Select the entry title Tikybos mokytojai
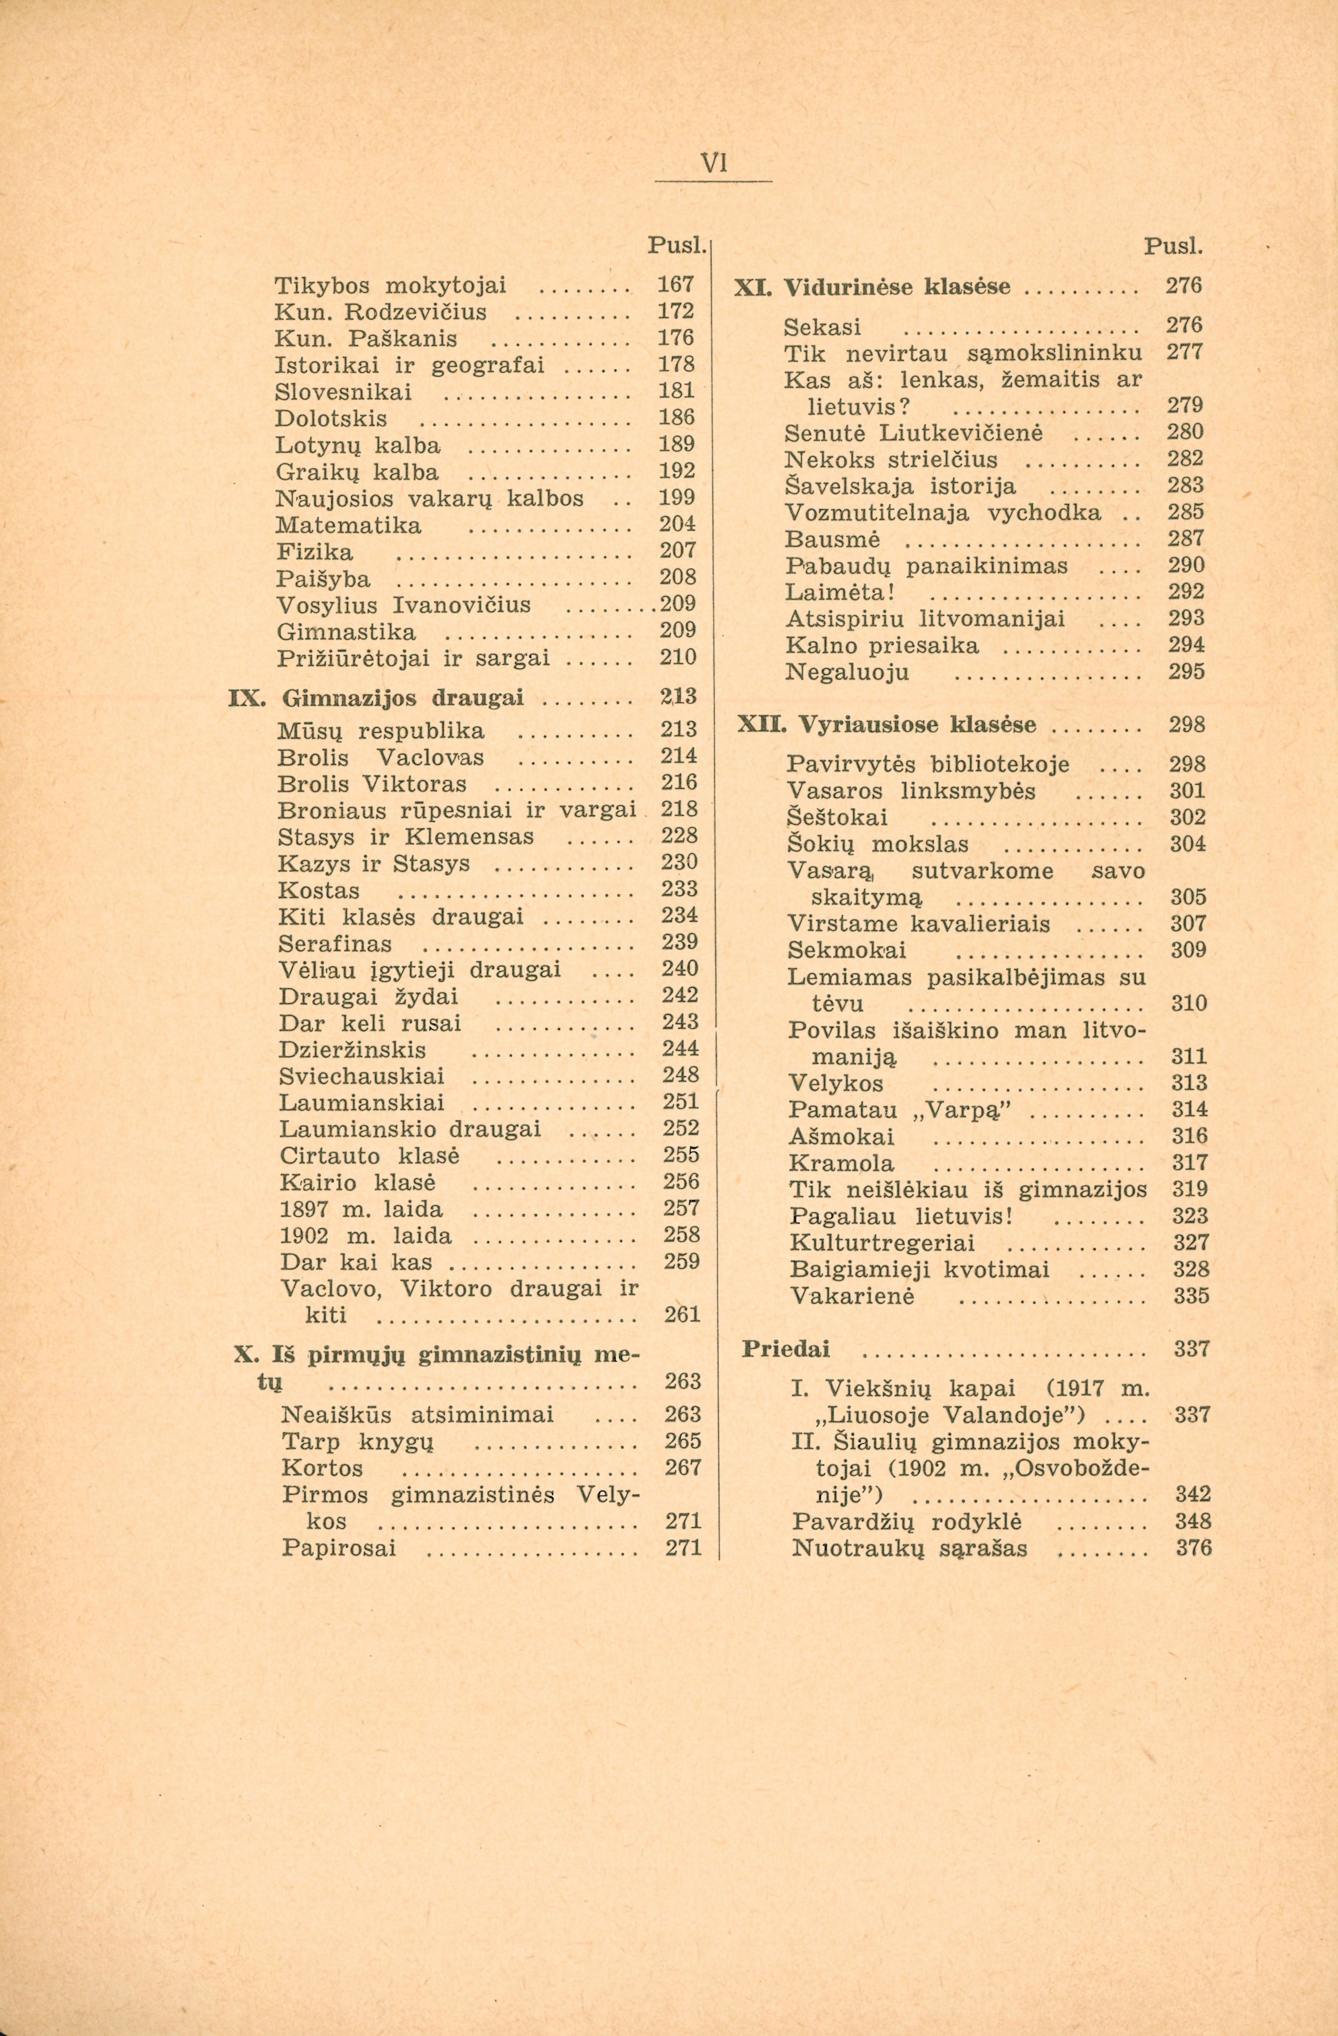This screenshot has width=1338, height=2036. (x=391, y=285)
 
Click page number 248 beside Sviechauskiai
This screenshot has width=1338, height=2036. (x=681, y=1075)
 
